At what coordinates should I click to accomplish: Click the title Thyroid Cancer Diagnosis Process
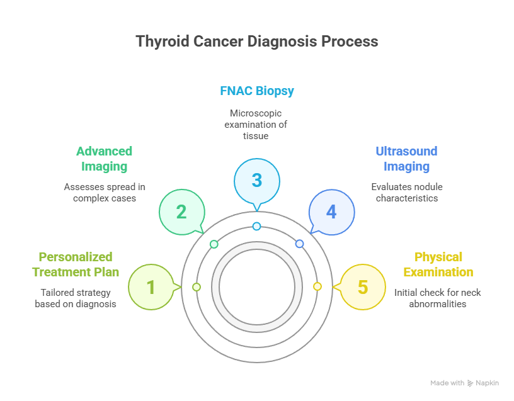[x=257, y=42]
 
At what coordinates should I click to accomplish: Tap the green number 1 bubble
[x=151, y=287]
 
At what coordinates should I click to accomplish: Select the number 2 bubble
[x=181, y=212]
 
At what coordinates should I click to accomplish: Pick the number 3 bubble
[x=257, y=180]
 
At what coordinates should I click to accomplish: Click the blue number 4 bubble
[x=331, y=212]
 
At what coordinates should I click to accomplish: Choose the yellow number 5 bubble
[x=362, y=287]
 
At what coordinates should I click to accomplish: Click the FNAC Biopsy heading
[x=257, y=91]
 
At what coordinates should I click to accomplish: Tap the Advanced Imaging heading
[x=104, y=159]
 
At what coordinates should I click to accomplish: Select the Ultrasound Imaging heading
[x=406, y=159]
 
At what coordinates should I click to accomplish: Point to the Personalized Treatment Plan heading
[x=76, y=264]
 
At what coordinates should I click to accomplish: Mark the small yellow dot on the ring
[x=317, y=286]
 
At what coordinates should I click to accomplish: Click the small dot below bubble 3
[x=256, y=226]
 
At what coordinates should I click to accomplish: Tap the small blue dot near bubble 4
[x=299, y=244]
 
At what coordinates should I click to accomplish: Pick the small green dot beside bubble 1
[x=197, y=287]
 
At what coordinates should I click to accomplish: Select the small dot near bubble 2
[x=214, y=244]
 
